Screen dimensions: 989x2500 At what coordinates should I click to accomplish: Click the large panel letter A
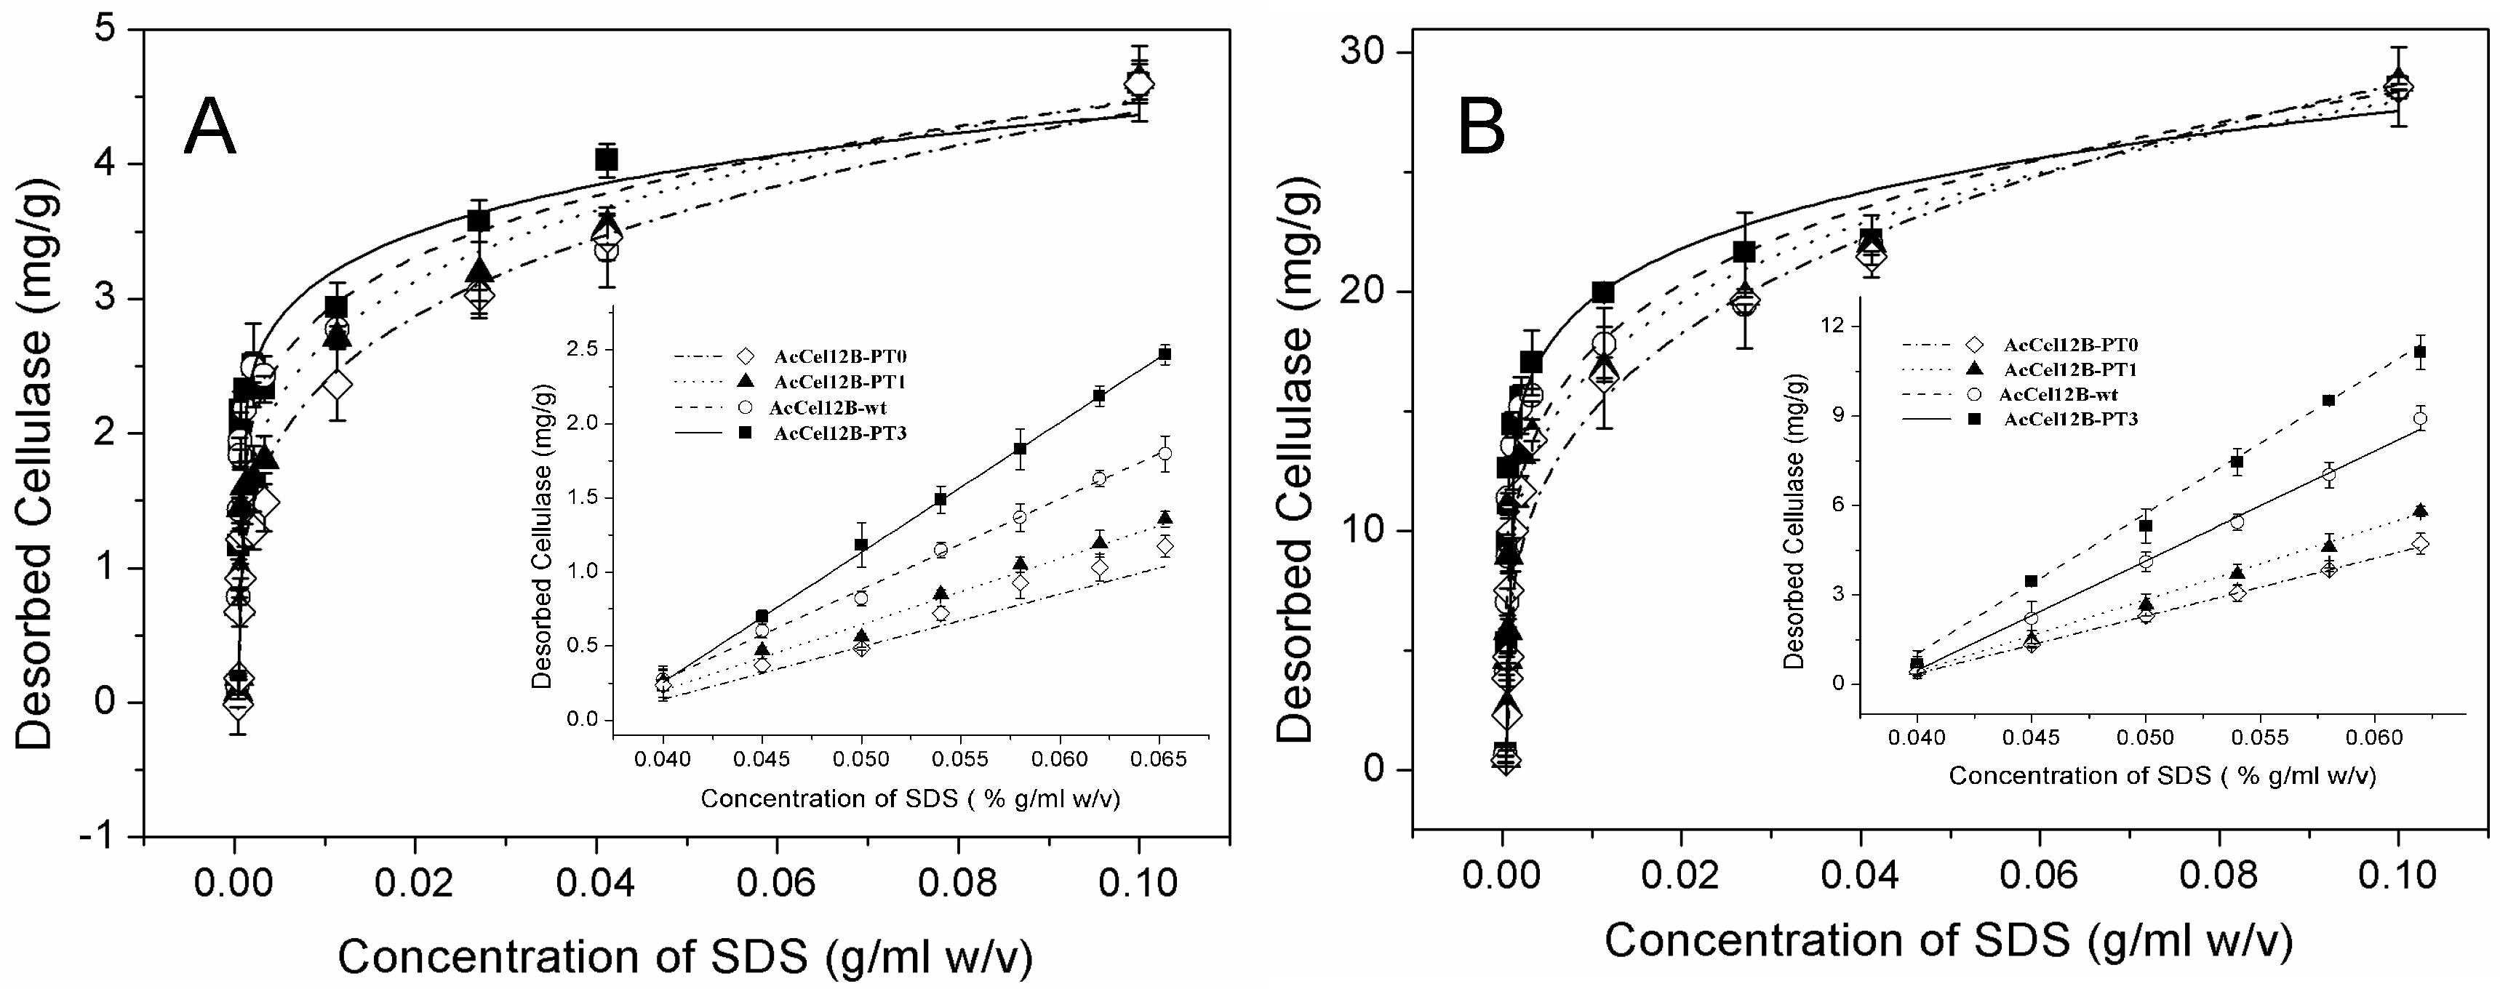click(x=209, y=128)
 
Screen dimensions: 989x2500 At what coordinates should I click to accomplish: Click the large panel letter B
click(x=1481, y=128)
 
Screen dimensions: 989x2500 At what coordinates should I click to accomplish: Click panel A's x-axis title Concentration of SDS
click(x=684, y=957)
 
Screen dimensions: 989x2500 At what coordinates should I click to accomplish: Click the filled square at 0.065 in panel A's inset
click(x=1165, y=354)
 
